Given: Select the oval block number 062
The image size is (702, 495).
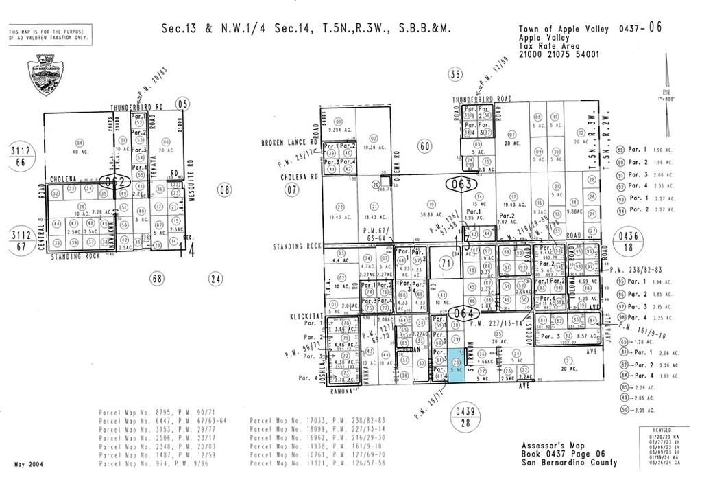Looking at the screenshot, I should pos(114,183).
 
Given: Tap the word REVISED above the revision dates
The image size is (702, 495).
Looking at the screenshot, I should pos(654,428).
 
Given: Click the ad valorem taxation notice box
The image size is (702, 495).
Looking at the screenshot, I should pos(50,34).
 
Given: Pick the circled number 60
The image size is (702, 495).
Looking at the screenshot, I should pos(425,145).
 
